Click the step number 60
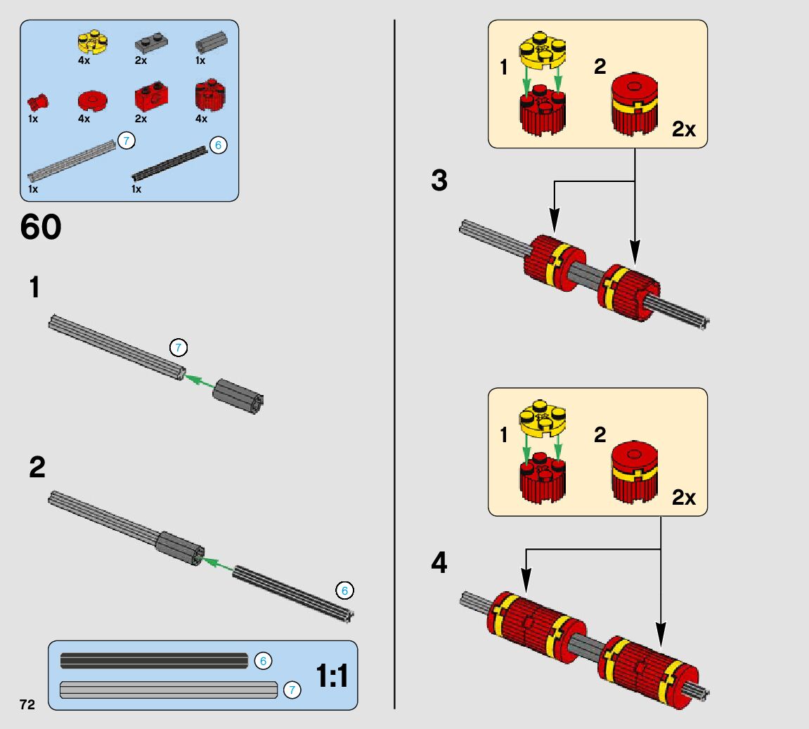tap(41, 227)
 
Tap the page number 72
tap(27, 704)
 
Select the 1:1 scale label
tap(332, 676)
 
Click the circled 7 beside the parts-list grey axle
tap(126, 141)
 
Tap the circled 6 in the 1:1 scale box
tap(263, 661)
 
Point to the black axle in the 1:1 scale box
tap(154, 661)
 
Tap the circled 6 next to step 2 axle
tap(344, 591)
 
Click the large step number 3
tap(439, 181)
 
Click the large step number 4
tap(439, 563)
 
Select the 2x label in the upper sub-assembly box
tap(683, 130)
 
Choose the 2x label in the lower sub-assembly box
tap(683, 498)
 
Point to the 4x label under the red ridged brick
tap(201, 119)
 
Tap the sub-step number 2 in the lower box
tap(600, 434)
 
